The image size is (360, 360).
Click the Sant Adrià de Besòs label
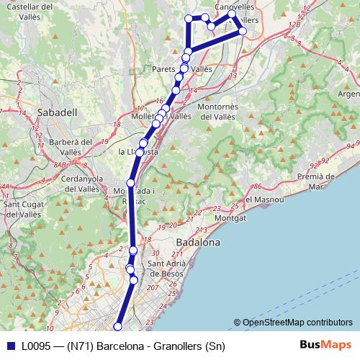click(167, 269)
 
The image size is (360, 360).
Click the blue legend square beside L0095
click(9, 346)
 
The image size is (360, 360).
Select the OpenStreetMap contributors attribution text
click(297, 323)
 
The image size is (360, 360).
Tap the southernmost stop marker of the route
click(118, 328)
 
